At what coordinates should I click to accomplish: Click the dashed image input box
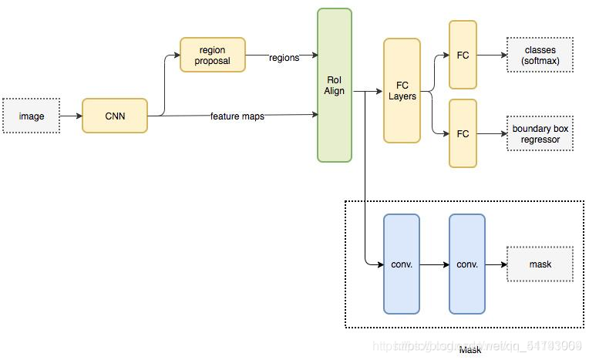coord(32,116)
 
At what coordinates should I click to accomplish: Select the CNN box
coord(114,116)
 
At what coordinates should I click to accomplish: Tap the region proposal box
coord(212,55)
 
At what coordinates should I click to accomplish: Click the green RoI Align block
coord(334,85)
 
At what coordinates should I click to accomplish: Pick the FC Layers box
coord(402,91)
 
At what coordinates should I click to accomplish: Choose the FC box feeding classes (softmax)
coord(463,55)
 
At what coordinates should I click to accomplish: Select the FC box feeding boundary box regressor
coord(463,133)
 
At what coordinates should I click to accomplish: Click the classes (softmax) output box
coord(540,55)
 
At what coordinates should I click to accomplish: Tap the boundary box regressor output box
coord(540,133)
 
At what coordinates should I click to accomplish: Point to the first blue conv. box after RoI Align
coord(402,264)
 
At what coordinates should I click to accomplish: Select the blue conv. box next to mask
coord(467,264)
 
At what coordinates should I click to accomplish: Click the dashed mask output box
coord(540,264)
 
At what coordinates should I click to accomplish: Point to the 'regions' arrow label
coord(284,58)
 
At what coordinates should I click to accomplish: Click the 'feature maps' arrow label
coord(237,116)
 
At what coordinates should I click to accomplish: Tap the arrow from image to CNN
coord(70,116)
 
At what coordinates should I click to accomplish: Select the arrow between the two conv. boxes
coord(434,264)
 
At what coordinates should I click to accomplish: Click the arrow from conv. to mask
coord(496,264)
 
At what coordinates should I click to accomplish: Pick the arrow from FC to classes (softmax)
coord(491,55)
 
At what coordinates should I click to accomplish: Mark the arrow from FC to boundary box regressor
coord(491,133)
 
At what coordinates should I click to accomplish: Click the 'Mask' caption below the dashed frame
coord(470,350)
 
